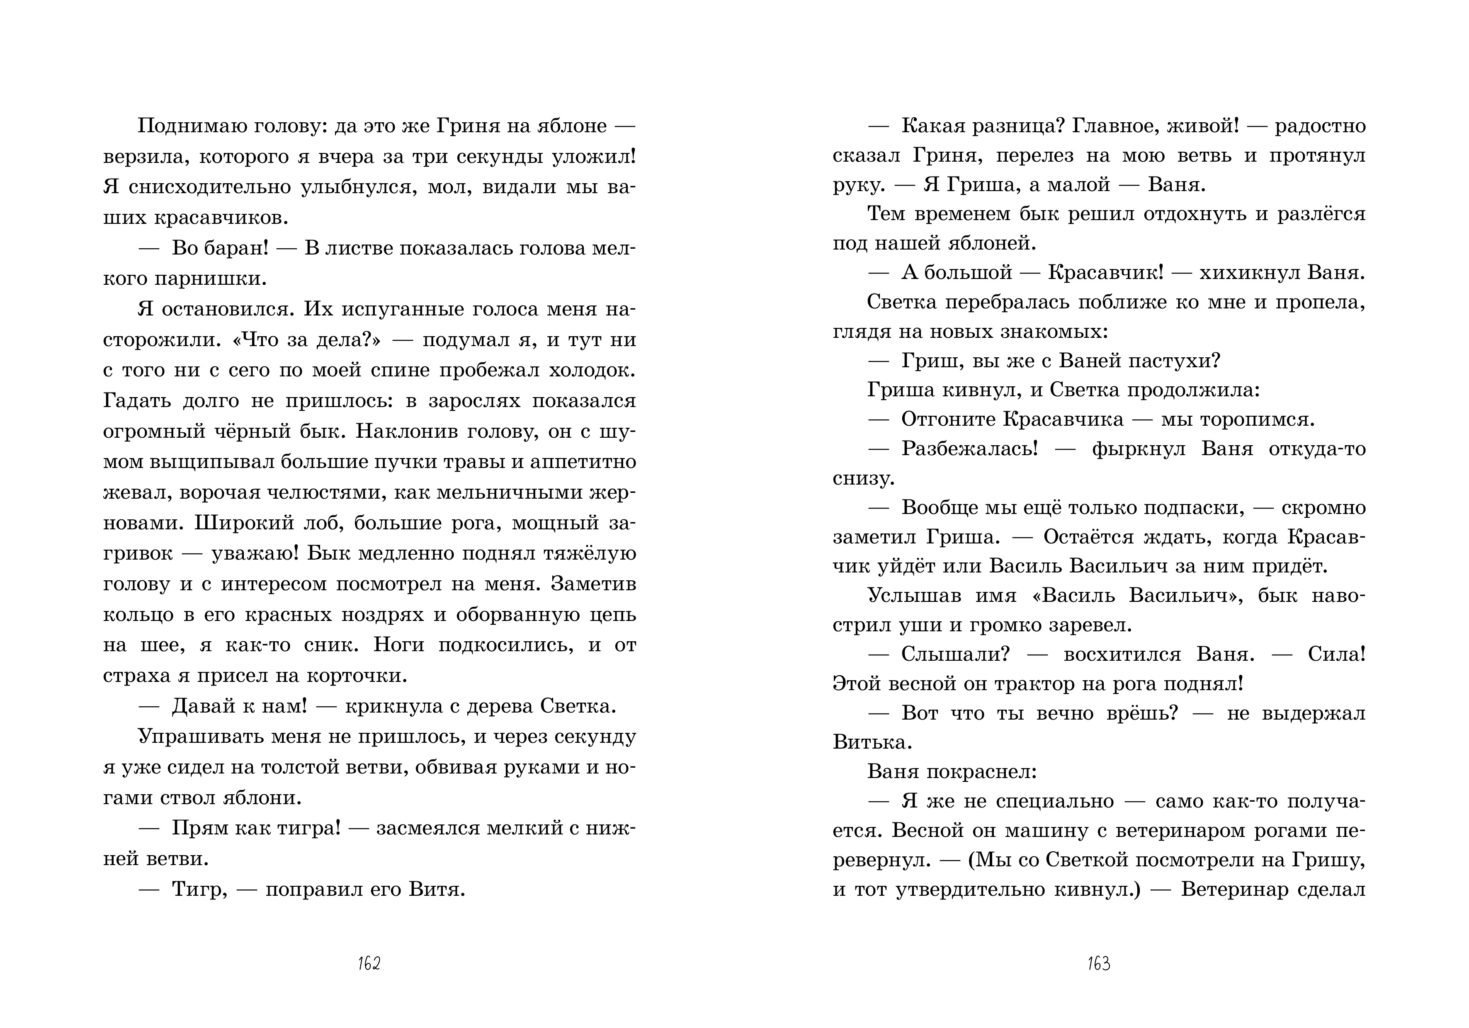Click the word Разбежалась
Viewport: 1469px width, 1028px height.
point(969,449)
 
